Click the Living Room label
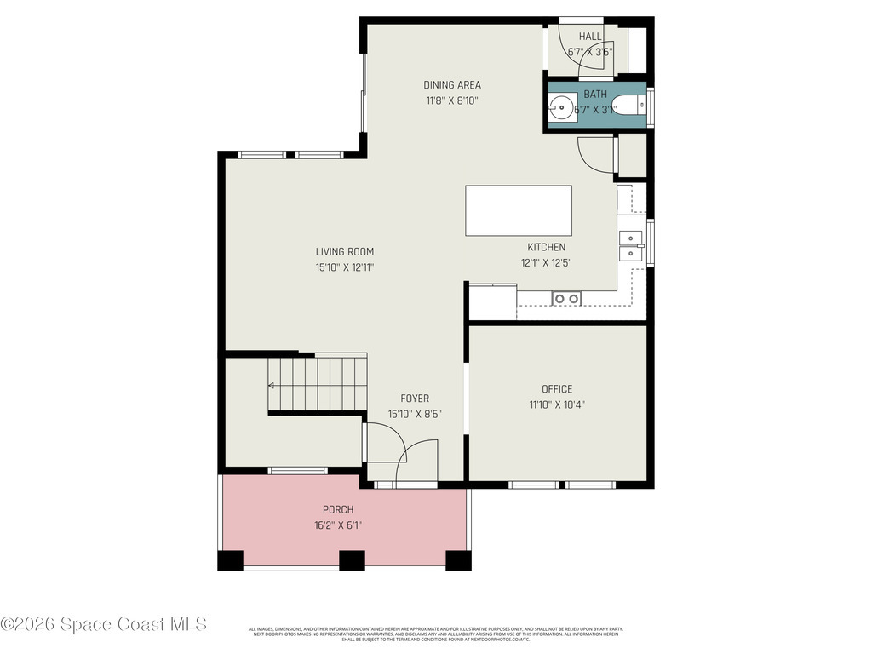coord(344,251)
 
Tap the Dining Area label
coord(452,84)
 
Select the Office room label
coord(557,389)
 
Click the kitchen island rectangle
coord(518,210)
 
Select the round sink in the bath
coord(560,106)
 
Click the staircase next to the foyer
coord(317,383)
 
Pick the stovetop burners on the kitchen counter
coord(565,298)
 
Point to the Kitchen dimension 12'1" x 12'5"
coord(546,263)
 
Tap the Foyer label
coord(415,398)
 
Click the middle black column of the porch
coord(352,560)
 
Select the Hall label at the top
coord(589,37)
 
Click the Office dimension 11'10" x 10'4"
coord(557,404)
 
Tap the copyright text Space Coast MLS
coord(104,624)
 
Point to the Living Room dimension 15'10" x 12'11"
coord(344,267)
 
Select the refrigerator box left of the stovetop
coord(492,302)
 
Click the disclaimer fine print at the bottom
coord(436,634)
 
